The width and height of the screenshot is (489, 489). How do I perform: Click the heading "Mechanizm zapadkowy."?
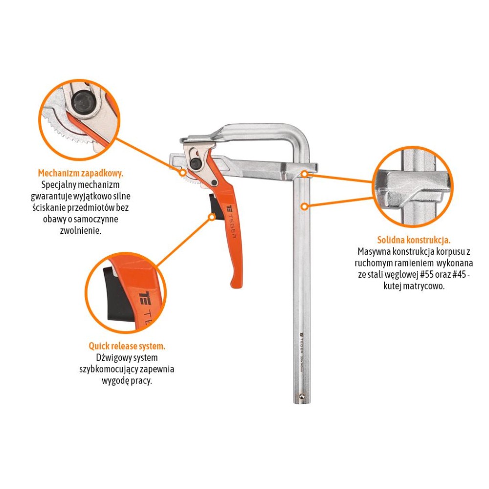click(81, 173)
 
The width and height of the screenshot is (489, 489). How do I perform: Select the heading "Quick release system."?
click(127, 346)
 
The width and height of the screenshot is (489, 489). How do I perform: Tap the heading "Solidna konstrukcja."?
click(414, 240)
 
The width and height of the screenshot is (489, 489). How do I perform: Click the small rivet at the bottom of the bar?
click(302, 396)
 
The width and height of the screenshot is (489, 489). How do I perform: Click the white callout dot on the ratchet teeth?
click(183, 173)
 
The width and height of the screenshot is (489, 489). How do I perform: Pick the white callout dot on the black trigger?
click(212, 217)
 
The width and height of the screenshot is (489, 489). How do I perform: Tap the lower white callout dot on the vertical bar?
click(305, 206)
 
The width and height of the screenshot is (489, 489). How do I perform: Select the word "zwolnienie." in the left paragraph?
click(81, 231)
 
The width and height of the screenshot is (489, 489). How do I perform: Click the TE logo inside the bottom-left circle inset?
click(145, 298)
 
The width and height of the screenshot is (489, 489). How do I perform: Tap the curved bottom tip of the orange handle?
click(234, 284)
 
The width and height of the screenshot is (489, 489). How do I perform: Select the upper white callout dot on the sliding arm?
click(304, 174)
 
